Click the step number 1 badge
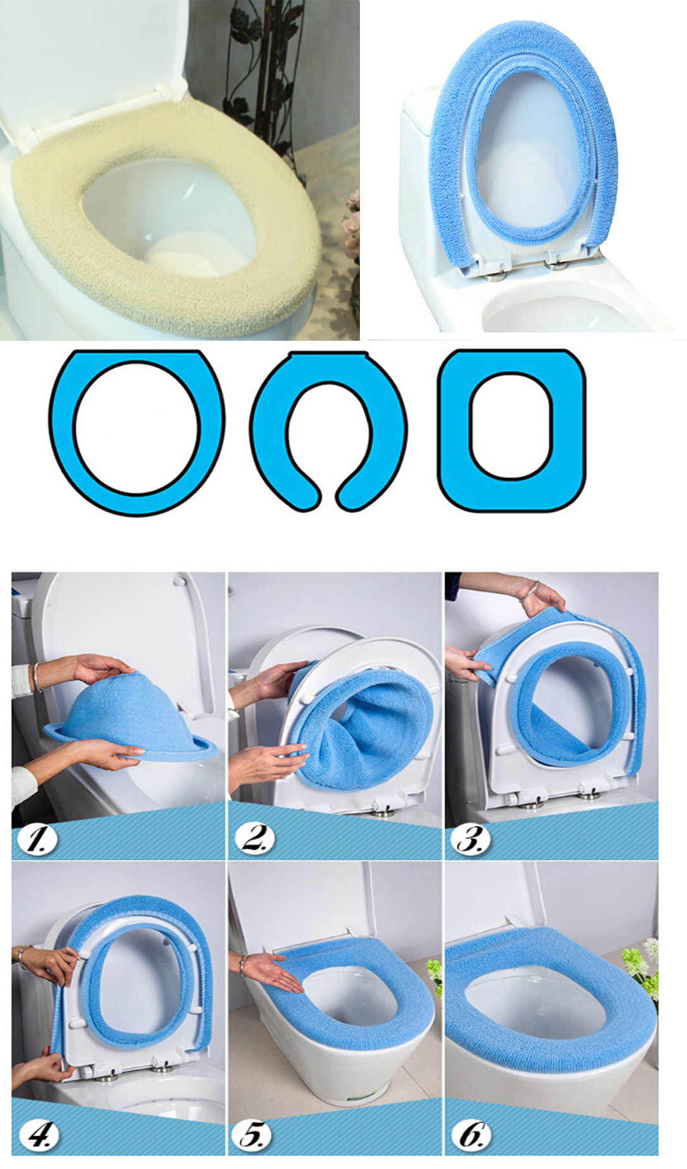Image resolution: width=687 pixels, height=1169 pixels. (37, 839)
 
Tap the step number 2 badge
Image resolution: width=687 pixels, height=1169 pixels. (254, 839)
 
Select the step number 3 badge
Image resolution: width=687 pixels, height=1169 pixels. (471, 839)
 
